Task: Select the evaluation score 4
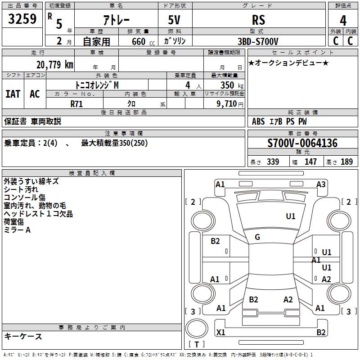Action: click(343, 20)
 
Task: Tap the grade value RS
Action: click(259, 20)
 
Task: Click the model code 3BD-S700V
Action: click(258, 41)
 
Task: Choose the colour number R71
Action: click(77, 103)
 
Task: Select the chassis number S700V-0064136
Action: click(302, 144)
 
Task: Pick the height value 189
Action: click(346, 162)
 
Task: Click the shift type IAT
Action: click(13, 94)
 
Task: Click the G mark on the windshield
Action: click(257, 237)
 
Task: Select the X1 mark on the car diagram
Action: click(221, 333)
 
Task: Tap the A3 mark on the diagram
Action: click(321, 184)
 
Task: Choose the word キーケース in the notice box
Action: click(23, 336)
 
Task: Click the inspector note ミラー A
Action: click(17, 230)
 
